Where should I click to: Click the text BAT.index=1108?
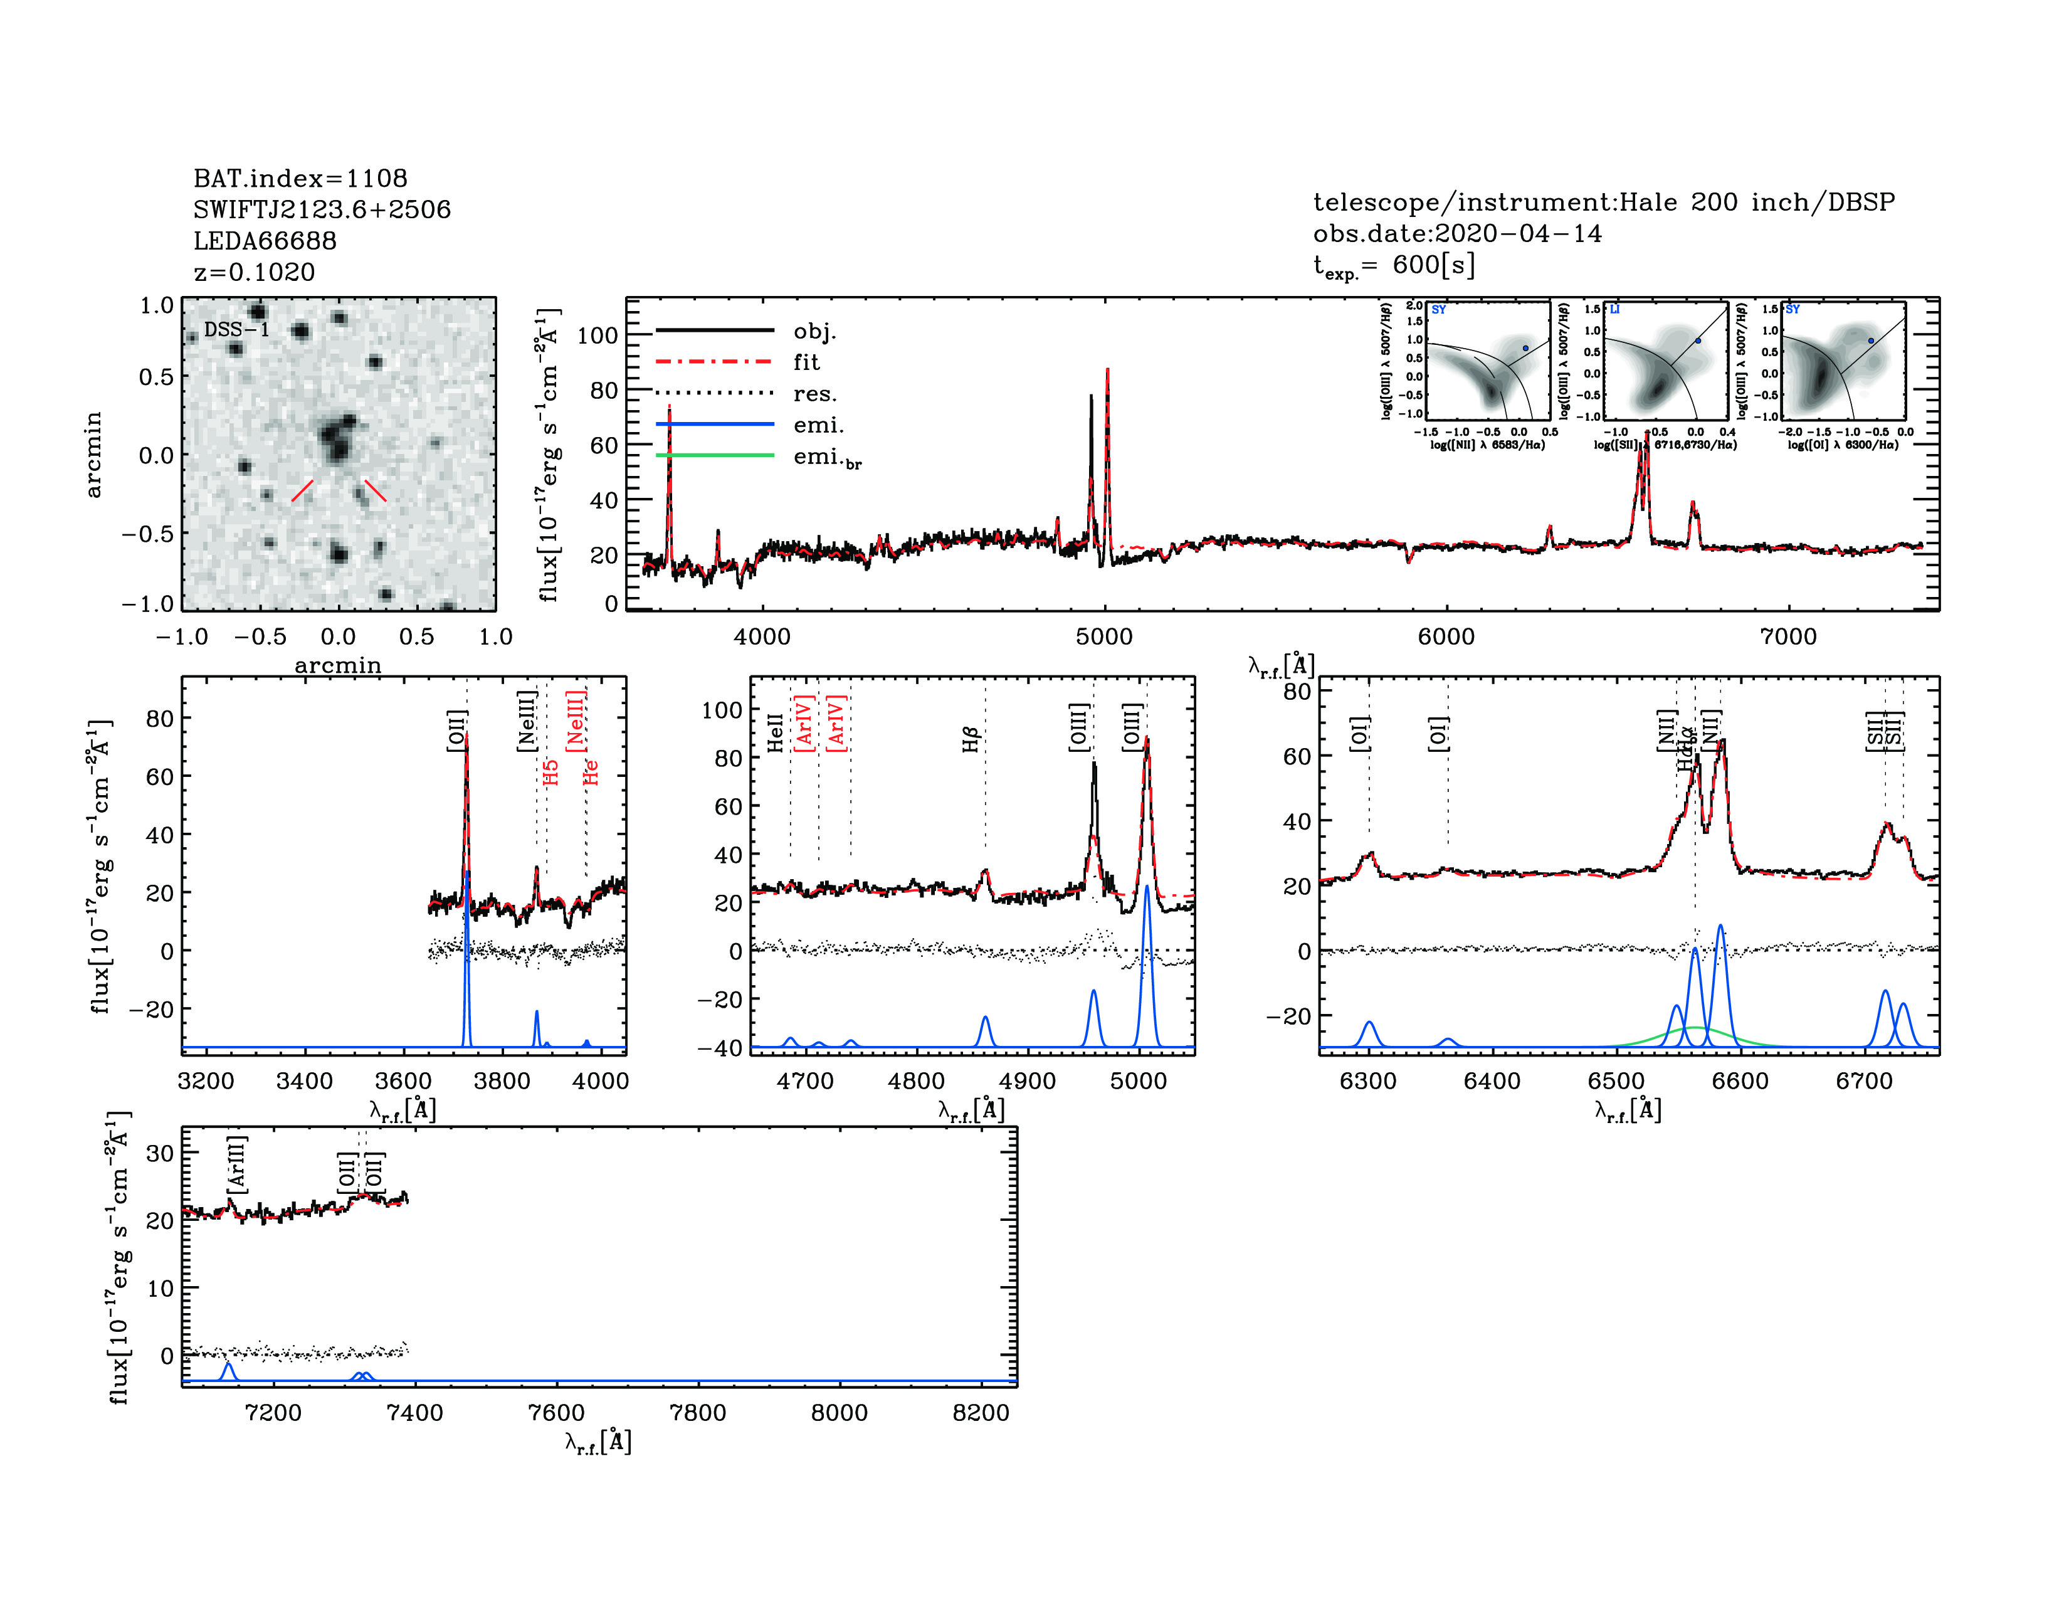coord(300,178)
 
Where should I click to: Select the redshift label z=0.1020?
coord(254,272)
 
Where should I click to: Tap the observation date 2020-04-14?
coord(1518,233)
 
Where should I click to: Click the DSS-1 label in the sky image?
coord(237,330)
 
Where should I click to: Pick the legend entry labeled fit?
coord(806,362)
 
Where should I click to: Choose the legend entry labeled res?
coord(814,393)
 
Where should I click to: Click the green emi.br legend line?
coord(714,456)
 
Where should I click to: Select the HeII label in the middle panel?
coord(775,732)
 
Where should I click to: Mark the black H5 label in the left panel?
coord(551,771)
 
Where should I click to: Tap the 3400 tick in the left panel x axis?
coord(304,1081)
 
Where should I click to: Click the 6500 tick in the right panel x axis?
coord(1616,1081)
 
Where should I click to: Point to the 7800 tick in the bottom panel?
coord(697,1412)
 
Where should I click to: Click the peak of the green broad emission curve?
coord(1693,1028)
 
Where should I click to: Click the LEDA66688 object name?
coord(265,241)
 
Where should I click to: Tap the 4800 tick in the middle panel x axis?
coord(916,1081)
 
